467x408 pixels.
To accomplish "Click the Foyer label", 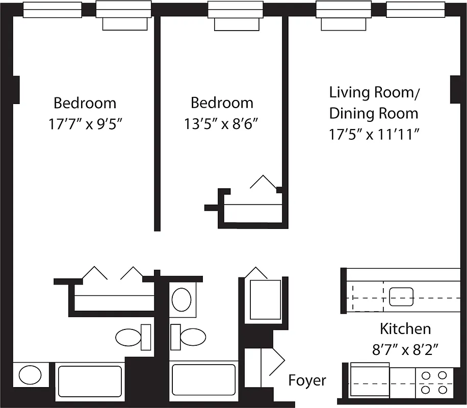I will [307, 380].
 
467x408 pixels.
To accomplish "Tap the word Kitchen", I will [405, 329].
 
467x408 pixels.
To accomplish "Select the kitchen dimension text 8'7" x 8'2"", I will [405, 350].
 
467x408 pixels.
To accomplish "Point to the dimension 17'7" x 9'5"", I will [85, 124].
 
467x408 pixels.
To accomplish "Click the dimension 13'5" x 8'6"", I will [222, 124].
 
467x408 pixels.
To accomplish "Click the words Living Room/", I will [374, 93].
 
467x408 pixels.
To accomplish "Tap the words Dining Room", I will [374, 113].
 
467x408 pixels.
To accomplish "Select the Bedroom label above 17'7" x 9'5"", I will [85, 103].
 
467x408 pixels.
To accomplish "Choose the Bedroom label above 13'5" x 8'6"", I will [222, 103].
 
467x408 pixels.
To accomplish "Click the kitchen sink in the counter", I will [401, 297].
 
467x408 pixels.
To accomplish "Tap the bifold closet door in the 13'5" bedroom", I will [263, 182].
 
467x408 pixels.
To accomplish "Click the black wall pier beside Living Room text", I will [455, 89].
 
